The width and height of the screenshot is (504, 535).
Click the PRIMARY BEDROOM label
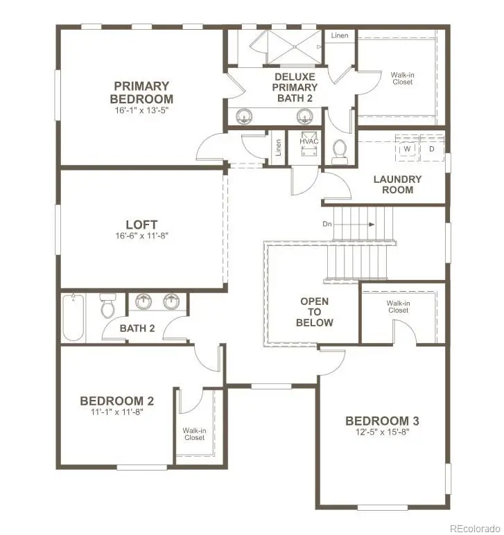click(x=141, y=93)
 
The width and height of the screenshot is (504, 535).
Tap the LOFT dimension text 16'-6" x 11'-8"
click(x=141, y=236)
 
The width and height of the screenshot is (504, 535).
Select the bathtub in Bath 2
click(x=73, y=317)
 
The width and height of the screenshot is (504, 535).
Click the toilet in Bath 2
click(x=107, y=306)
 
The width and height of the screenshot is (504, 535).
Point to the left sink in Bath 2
click(x=144, y=302)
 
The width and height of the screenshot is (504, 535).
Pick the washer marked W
click(x=407, y=149)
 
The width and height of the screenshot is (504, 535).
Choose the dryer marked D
click(x=431, y=149)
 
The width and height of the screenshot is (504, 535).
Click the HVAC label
click(x=309, y=141)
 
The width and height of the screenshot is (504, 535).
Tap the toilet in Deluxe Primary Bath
click(x=340, y=151)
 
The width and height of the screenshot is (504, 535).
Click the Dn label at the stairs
click(x=328, y=224)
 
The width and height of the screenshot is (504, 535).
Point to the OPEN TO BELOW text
click(x=314, y=312)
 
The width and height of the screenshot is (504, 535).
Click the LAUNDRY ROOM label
click(x=397, y=184)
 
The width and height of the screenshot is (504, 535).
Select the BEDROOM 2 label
click(x=116, y=401)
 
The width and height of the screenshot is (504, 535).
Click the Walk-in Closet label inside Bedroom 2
click(x=194, y=434)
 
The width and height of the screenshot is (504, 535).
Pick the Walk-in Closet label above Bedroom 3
click(x=397, y=306)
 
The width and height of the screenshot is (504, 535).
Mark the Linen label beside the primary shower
click(x=340, y=35)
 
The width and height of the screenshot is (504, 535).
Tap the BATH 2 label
click(x=137, y=328)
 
